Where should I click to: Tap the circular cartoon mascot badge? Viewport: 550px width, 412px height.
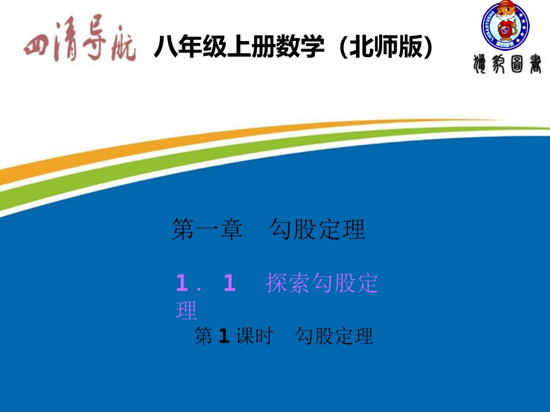click(505, 26)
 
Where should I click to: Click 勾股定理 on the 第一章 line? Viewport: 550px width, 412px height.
click(318, 230)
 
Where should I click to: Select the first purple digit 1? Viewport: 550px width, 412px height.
click(183, 284)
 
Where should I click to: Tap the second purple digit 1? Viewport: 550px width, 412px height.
click(229, 284)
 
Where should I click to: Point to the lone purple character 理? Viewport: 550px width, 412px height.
click(186, 310)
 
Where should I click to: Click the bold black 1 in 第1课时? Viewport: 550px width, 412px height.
click(225, 336)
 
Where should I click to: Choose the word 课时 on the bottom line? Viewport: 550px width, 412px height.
click(254, 336)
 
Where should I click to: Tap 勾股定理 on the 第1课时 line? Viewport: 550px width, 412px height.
click(335, 336)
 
